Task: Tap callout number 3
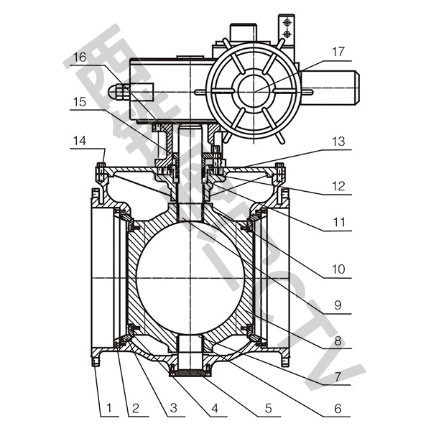[x=172, y=409]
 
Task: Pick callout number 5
[x=268, y=409]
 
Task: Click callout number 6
[x=337, y=409]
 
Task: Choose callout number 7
[x=337, y=376]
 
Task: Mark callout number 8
[x=337, y=341]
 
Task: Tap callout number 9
[x=337, y=305]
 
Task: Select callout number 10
[x=337, y=271]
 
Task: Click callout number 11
[x=337, y=223]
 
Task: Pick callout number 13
[x=337, y=144]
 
